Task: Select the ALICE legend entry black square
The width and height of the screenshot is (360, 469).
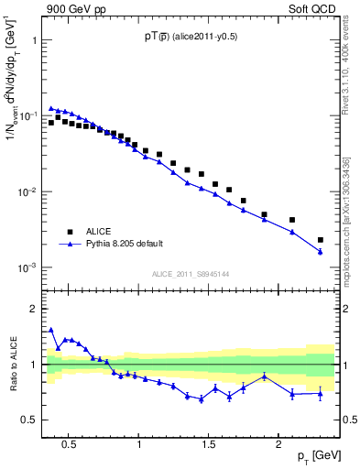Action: point(67,232)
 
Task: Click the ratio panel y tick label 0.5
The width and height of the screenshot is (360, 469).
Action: point(32,420)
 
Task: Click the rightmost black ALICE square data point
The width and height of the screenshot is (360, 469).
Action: point(320,240)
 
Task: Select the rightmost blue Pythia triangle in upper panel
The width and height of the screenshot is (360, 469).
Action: point(320,251)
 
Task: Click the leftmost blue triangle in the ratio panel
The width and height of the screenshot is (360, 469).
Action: point(51,330)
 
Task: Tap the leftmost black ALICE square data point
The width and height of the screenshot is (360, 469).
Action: point(51,122)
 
